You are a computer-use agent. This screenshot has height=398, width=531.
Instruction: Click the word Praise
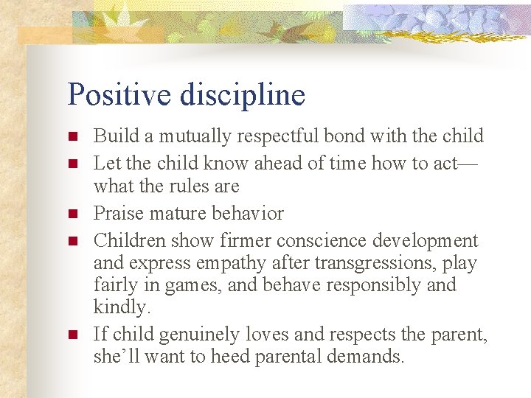[117, 214]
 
